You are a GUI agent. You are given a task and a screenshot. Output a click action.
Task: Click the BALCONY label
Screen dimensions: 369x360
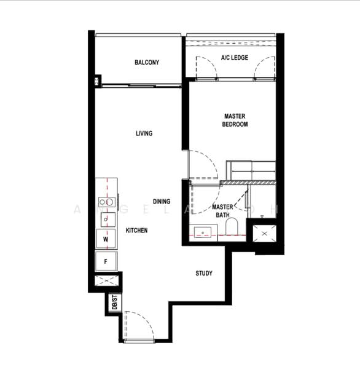point(147,62)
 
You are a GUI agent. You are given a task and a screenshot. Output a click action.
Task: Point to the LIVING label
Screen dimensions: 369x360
point(144,133)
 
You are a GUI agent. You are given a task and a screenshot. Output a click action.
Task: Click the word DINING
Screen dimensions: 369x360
point(162,202)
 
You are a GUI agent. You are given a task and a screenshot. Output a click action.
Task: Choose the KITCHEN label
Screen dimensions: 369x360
point(136,230)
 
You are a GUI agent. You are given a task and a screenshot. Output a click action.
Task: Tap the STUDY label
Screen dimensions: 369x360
point(204,273)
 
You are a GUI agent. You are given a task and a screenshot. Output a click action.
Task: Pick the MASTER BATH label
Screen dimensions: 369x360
point(222,211)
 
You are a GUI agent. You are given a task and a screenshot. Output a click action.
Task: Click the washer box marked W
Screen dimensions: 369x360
point(106,239)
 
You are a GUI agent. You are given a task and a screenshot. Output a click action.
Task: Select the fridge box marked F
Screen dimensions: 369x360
point(106,261)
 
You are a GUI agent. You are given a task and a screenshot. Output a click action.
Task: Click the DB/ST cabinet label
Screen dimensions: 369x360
point(114,303)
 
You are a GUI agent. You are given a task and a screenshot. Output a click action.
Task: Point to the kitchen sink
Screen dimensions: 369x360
point(106,219)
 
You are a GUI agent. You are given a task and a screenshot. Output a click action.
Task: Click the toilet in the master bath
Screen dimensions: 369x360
point(232,228)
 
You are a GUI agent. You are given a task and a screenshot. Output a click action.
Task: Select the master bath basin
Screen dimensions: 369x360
point(203,232)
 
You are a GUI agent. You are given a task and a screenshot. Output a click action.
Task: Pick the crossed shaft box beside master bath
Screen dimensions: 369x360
point(265,235)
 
